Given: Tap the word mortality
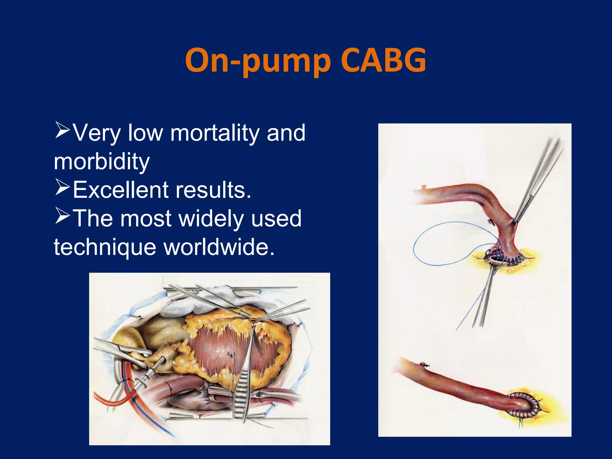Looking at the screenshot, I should pyautogui.click(x=215, y=133).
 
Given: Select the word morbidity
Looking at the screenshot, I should pyautogui.click(x=102, y=161).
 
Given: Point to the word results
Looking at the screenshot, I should pyautogui.click(x=213, y=190).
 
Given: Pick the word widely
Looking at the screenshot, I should pyautogui.click(x=211, y=219).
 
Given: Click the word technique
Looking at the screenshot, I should pyautogui.click(x=105, y=247).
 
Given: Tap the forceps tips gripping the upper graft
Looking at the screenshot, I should pyautogui.click(x=515, y=220).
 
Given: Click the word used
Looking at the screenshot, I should pyautogui.click(x=276, y=219).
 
